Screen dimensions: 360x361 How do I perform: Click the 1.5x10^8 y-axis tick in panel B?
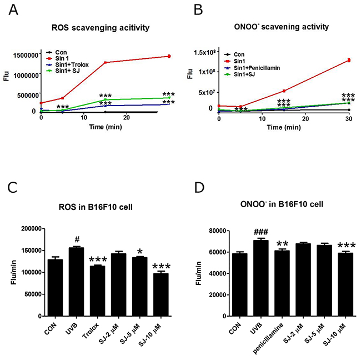click(200, 52)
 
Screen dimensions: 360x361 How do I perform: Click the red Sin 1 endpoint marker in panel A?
click(169, 56)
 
